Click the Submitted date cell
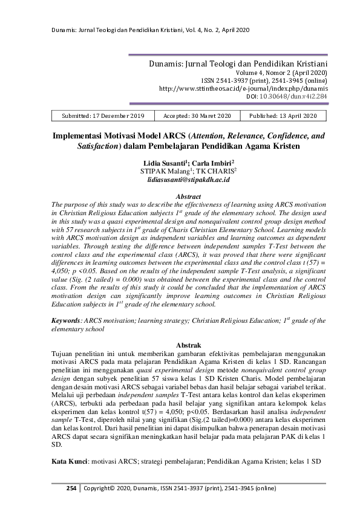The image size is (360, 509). click(x=103, y=115)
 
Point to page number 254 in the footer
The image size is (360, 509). click(x=71, y=488)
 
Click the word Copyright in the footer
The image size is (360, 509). click(x=100, y=488)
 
